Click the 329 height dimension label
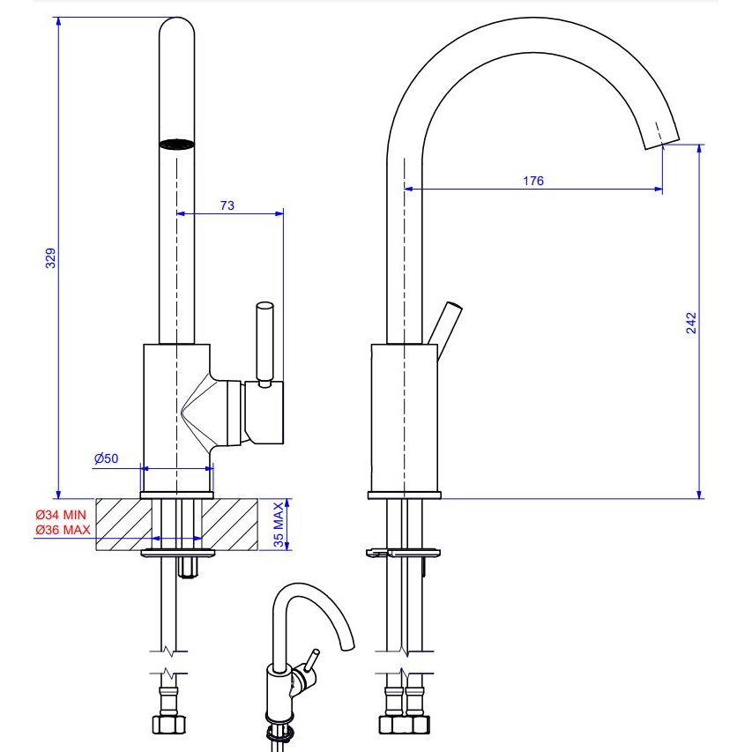(x=50, y=258)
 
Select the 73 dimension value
(x=227, y=205)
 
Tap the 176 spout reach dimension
(x=533, y=181)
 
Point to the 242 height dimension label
(x=691, y=323)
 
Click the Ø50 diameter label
(x=106, y=458)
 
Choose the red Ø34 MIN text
(x=61, y=515)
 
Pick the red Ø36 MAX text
(x=63, y=530)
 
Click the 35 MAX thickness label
(x=279, y=525)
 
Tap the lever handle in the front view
(x=264, y=344)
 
